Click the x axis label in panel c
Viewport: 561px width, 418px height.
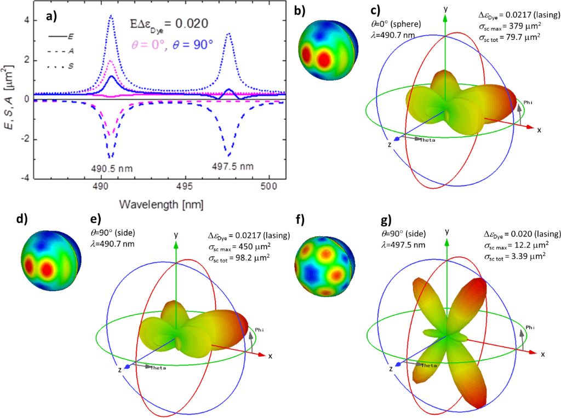pyautogui.click(x=540, y=130)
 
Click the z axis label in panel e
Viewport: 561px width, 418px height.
pyautogui.click(x=119, y=370)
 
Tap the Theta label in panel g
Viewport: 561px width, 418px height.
pyautogui.click(x=430, y=365)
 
